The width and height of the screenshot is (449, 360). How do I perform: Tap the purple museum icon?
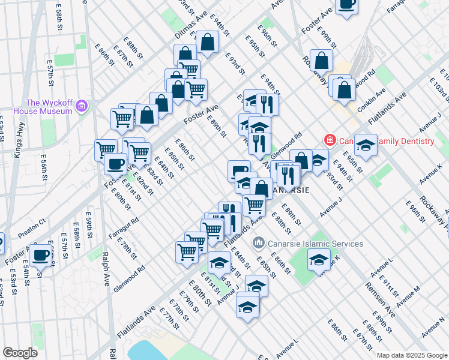(82, 107)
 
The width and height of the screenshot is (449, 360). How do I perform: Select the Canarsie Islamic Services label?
(315, 244)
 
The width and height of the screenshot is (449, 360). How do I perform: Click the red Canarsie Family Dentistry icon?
(330, 141)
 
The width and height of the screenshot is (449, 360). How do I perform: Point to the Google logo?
(20, 353)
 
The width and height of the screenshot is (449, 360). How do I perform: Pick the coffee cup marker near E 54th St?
(41, 256)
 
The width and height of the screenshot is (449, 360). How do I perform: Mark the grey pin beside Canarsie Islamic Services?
(259, 244)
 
